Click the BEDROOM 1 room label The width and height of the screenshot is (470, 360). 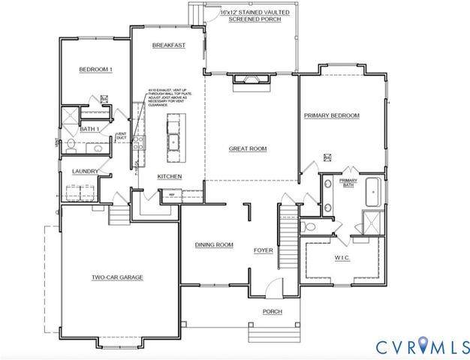pos(95,70)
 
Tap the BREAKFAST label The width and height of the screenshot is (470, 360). pos(168,45)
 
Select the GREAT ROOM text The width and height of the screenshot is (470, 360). pos(248,148)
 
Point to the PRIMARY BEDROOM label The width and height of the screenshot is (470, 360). pos(331,115)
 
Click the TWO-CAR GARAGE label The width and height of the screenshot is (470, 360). pos(117,277)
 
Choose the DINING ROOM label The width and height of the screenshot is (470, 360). pos(214,244)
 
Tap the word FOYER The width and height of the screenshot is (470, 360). pos(263,250)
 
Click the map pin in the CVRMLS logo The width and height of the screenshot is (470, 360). pos(423,343)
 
